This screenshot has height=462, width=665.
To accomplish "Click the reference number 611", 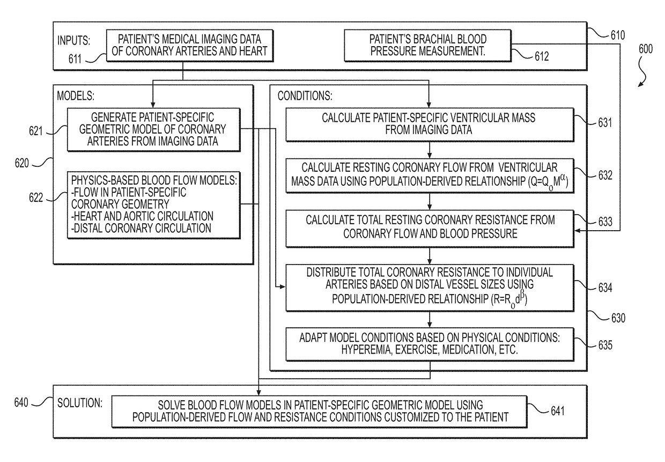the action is coord(75,59).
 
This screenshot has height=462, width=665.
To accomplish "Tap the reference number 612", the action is coord(542,56).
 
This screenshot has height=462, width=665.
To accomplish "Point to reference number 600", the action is coord(645,49).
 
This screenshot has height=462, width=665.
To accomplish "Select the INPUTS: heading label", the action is coord(73,40).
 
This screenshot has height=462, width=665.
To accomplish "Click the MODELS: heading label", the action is coord(76,96).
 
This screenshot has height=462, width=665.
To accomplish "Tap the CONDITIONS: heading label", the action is coord(305,96).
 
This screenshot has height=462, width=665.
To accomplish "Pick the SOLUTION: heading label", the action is coord(79,403).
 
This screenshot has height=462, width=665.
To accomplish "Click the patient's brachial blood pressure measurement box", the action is coord(427,46).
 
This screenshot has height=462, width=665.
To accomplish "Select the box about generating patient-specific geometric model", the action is coord(153,129).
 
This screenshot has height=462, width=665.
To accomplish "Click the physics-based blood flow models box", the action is coord(153,204).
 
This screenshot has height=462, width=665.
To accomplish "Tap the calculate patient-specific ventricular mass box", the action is coord(430,124).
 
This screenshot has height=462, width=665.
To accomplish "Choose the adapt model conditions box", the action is coord(430,344).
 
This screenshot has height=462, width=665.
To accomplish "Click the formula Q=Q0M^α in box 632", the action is coord(548,181).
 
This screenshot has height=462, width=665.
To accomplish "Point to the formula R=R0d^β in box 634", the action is coord(509,298).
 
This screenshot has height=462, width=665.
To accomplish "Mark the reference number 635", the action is coord(605,345).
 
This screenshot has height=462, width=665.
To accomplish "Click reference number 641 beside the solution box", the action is coord(558,411).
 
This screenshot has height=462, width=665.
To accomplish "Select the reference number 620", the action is coord(21,163).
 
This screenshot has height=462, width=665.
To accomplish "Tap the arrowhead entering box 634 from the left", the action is coord(282,287).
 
